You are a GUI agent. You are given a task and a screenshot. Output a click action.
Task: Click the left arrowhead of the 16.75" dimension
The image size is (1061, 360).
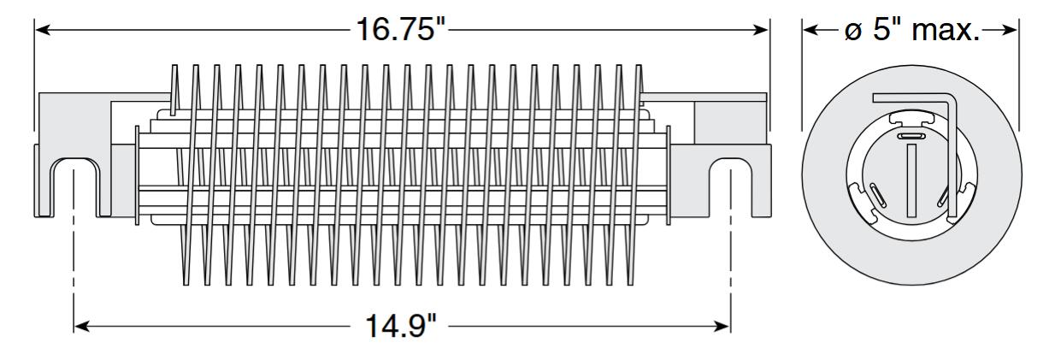pos(40,29)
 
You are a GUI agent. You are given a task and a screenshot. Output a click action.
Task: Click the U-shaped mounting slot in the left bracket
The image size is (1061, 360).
pos(75,184)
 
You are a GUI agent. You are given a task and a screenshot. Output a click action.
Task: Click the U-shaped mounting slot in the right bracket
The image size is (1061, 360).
pos(730,184)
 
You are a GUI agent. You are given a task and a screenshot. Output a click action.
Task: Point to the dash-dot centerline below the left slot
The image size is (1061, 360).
pos(75,257)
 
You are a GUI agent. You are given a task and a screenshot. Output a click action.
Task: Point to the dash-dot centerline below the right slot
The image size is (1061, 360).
pos(730,257)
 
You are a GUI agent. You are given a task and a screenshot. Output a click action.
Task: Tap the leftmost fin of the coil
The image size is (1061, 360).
pos(176,94)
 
